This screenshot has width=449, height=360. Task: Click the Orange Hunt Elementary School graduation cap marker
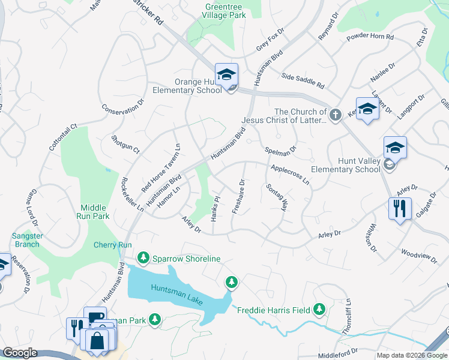(x=226, y=75)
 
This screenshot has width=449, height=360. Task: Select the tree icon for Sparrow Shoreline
(x=143, y=258)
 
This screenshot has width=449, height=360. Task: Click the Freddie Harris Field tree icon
(x=319, y=310)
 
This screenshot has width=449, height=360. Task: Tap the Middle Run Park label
(x=92, y=211)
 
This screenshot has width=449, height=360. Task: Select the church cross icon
(x=336, y=113)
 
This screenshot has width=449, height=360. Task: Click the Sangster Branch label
(x=28, y=240)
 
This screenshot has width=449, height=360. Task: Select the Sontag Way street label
(x=277, y=197)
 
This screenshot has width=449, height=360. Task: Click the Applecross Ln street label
(x=291, y=175)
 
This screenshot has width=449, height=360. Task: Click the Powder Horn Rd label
(x=370, y=37)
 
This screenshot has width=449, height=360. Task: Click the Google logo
(x=20, y=353)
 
